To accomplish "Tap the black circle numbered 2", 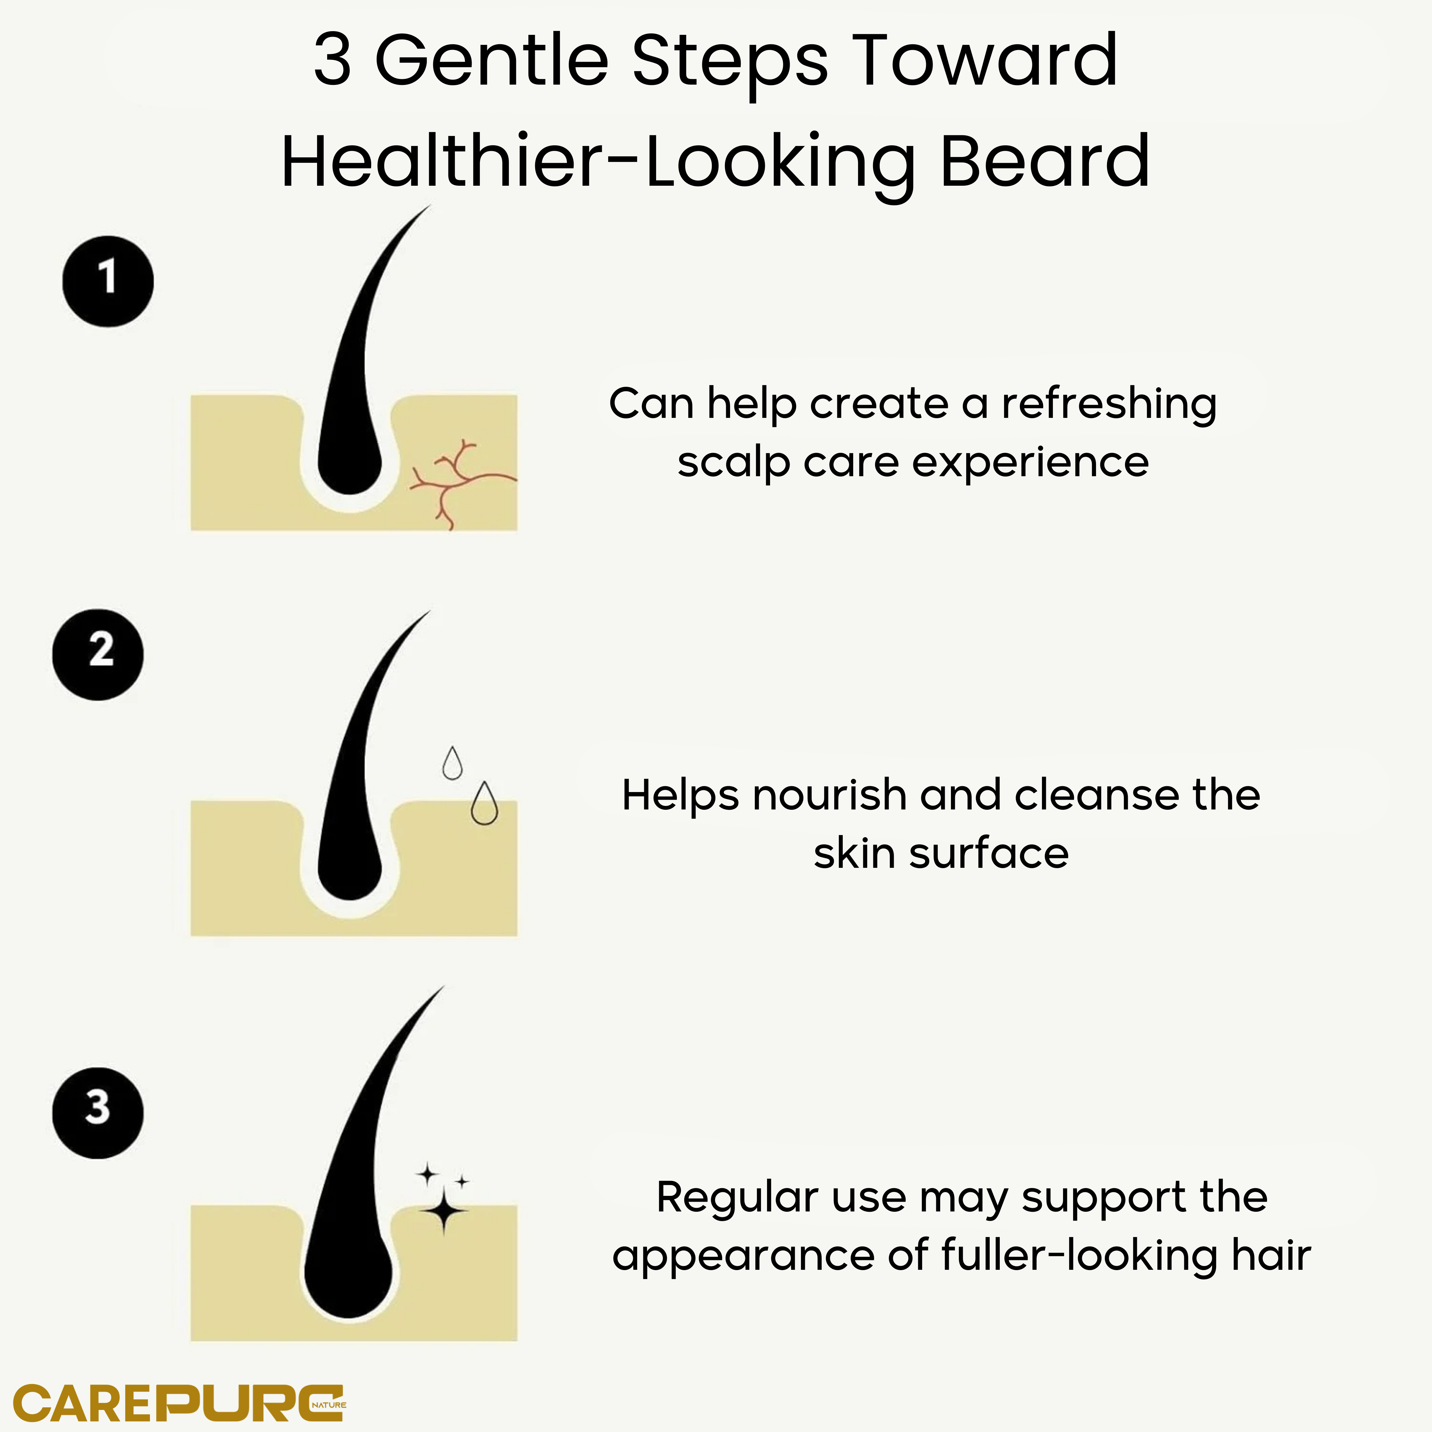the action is [x=98, y=655].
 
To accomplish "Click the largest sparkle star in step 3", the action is [x=443, y=1210].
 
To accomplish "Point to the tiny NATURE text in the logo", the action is [x=329, y=1405].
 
